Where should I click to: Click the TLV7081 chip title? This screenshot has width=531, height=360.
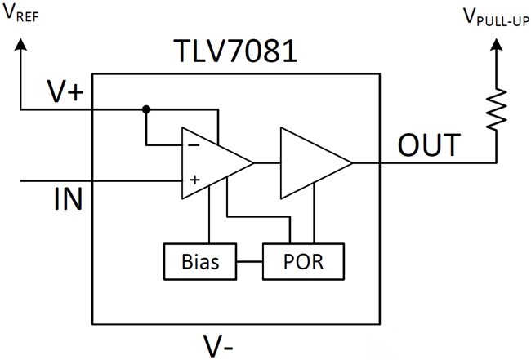tap(235, 53)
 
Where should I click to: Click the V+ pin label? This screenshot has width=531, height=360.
tap(66, 92)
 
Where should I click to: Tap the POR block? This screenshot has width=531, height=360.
tap(303, 261)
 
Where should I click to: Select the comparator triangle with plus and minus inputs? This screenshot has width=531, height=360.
tap(214, 162)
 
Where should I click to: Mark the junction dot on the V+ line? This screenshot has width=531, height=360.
tap(146, 109)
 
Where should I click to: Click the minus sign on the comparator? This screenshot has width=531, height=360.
tap(195, 145)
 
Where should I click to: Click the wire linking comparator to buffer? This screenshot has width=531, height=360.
tap(267, 162)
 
